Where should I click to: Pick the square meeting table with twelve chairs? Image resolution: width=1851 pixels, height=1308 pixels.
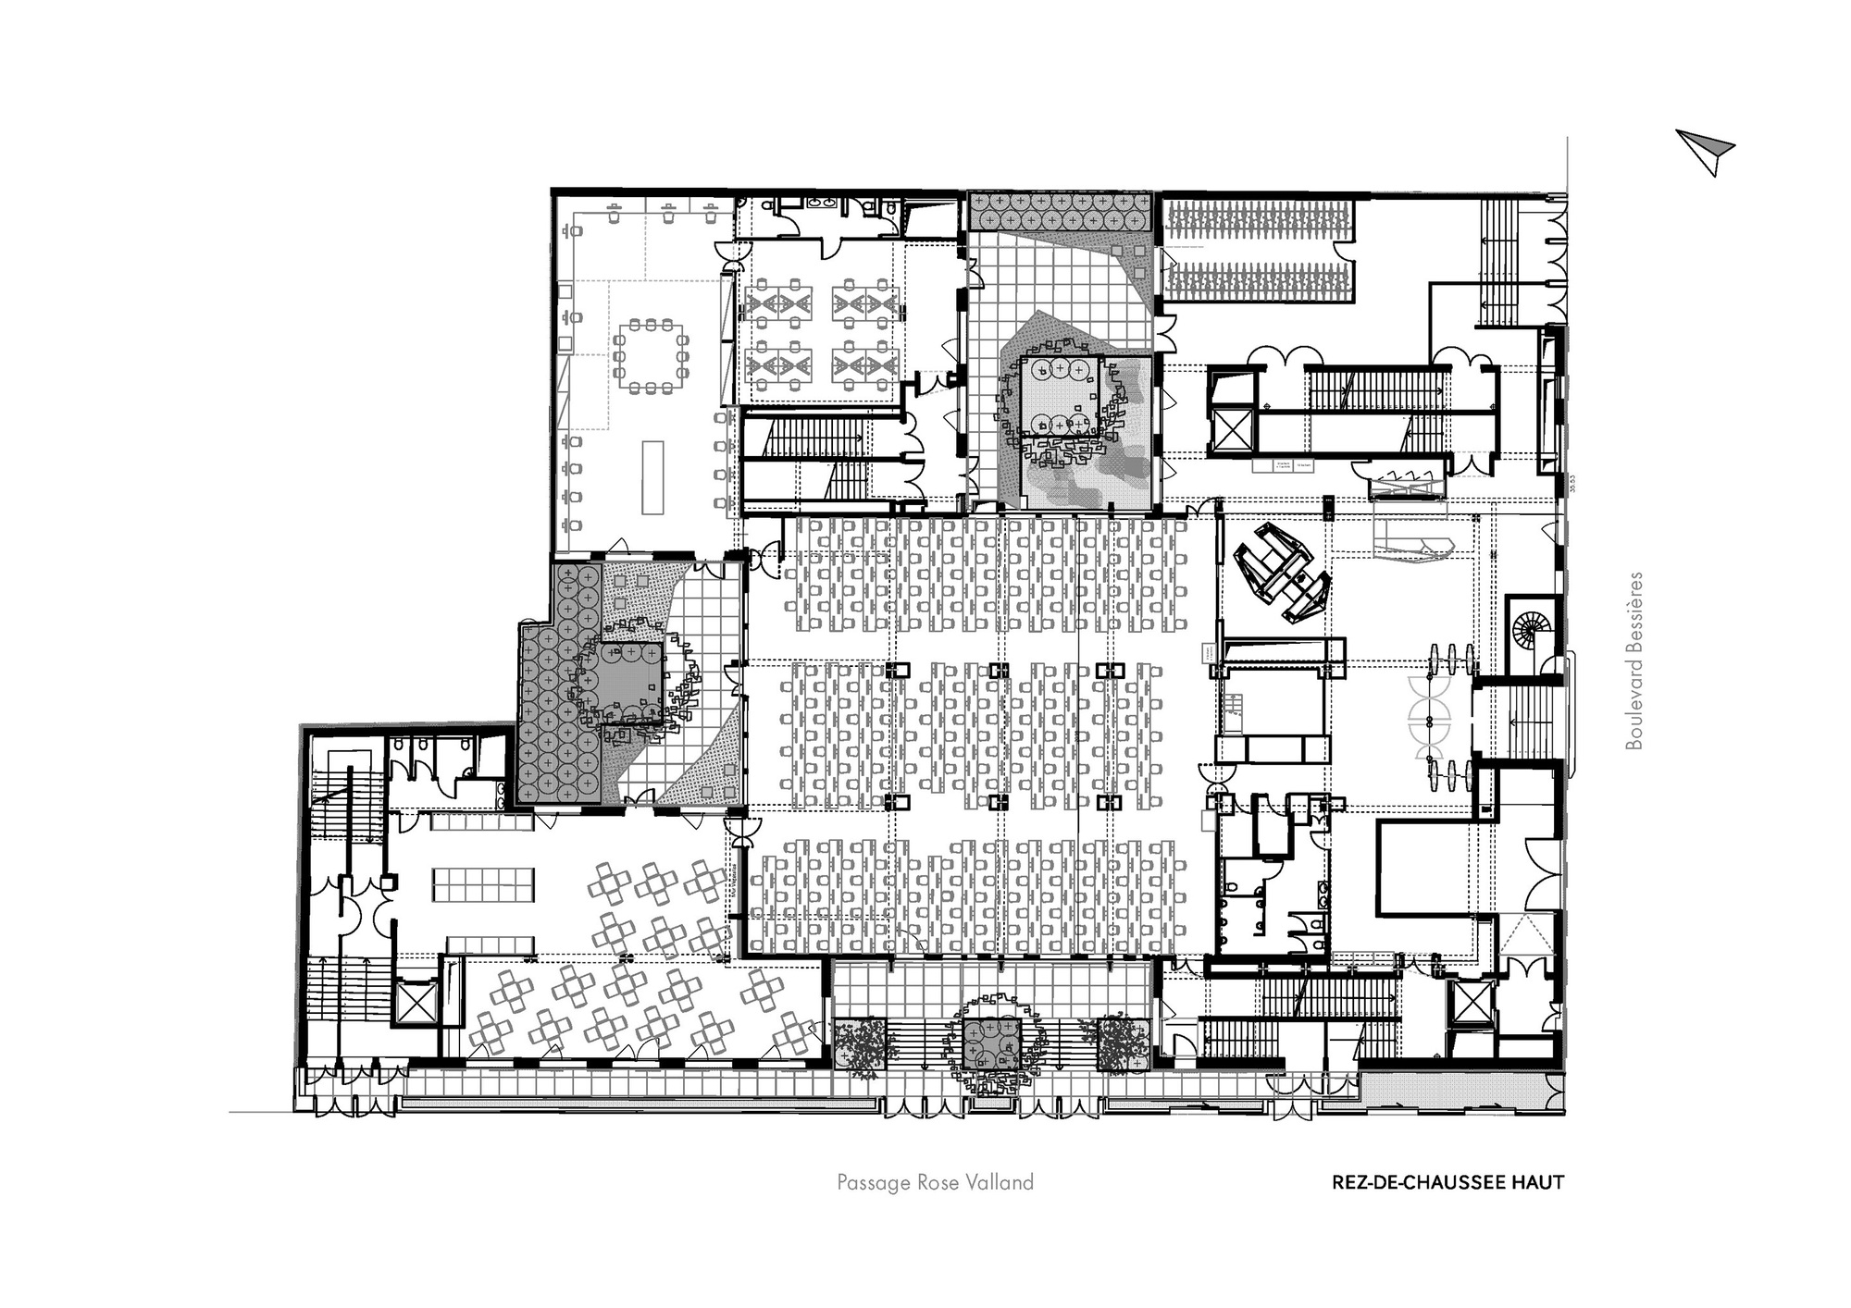click(652, 356)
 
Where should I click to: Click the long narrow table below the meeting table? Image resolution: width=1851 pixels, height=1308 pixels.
click(653, 476)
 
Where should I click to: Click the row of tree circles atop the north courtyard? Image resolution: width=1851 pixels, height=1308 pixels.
click(1061, 212)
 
